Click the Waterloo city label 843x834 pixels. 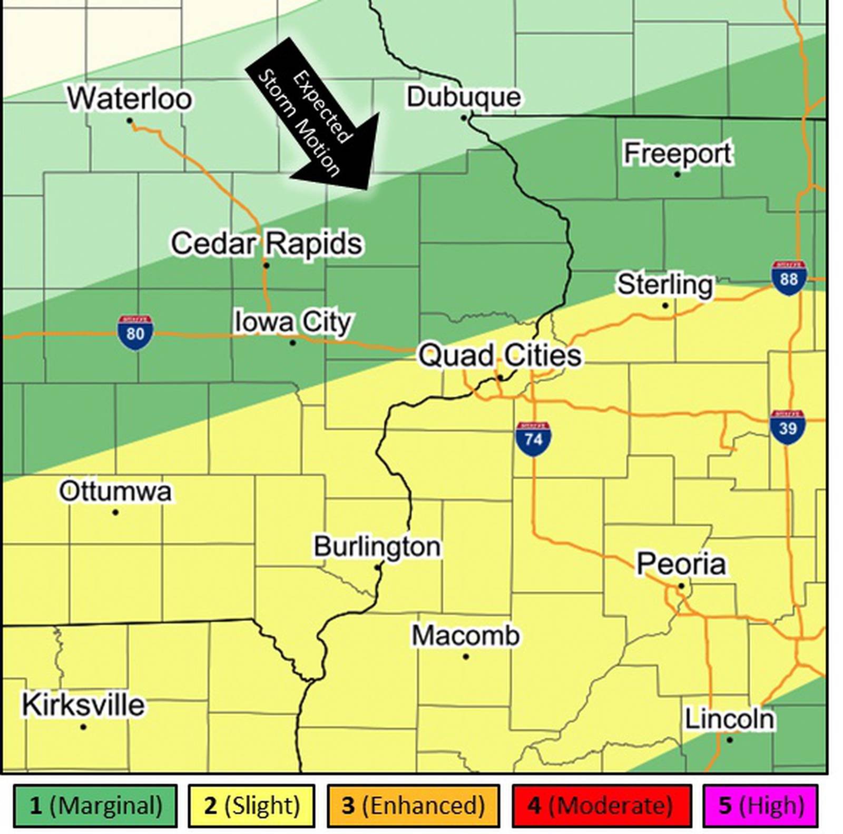coord(129,98)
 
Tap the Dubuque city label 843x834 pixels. coord(463,97)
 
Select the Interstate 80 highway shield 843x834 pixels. coord(135,333)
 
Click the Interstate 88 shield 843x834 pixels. coord(788,277)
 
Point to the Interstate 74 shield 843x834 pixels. coord(533,439)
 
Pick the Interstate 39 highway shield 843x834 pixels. coord(787,427)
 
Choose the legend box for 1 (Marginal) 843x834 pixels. coord(95,805)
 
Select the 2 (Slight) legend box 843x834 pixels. coord(251,805)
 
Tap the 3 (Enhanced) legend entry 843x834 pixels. coord(413,805)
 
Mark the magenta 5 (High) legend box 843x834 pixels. coord(760,805)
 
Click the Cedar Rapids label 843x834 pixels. coord(267,243)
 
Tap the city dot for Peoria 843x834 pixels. coord(681,585)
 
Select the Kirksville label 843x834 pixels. coord(83,704)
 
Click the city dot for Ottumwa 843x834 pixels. coord(115,512)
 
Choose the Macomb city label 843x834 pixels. coord(465,636)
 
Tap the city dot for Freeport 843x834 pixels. coord(678,174)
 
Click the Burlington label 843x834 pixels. coord(377,546)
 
